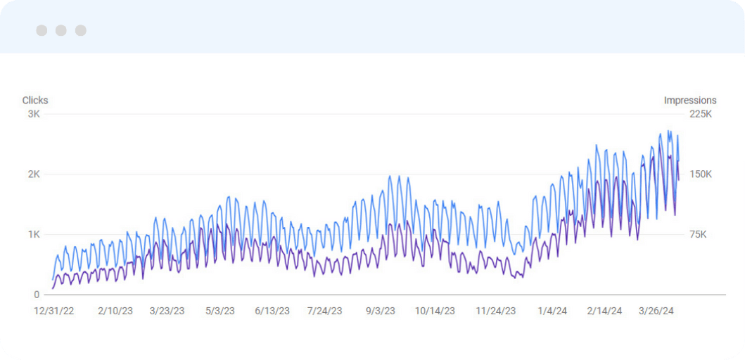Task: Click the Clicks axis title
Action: click(35, 101)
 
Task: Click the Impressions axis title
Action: click(689, 101)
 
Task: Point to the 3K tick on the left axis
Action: click(34, 114)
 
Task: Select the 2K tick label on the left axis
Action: click(34, 174)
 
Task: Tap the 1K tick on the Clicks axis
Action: click(34, 234)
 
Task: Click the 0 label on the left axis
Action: click(37, 295)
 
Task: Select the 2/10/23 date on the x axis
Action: click(115, 311)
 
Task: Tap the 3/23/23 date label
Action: click(167, 311)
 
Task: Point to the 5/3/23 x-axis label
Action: click(219, 311)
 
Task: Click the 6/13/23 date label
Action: click(272, 311)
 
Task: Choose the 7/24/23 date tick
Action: click(324, 311)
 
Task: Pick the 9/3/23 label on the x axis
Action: click(380, 311)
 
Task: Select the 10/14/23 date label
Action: click(434, 311)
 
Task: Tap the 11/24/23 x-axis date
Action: click(496, 311)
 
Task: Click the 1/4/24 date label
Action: click(552, 311)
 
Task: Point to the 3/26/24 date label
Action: click(656, 311)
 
